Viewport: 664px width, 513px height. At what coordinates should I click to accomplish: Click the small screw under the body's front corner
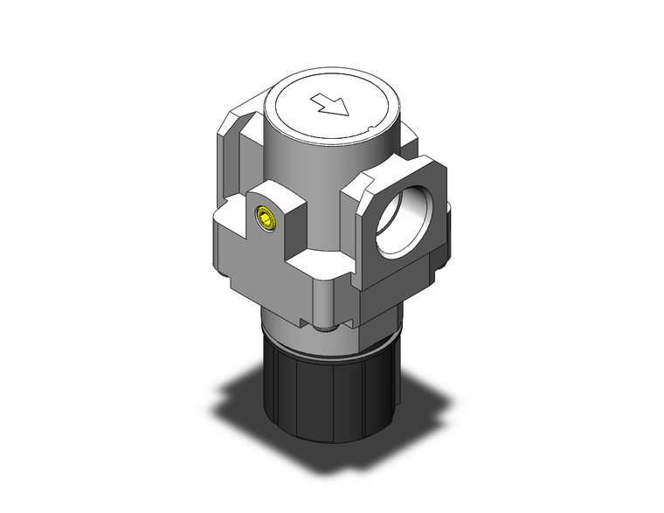pyautogui.click(x=327, y=329)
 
